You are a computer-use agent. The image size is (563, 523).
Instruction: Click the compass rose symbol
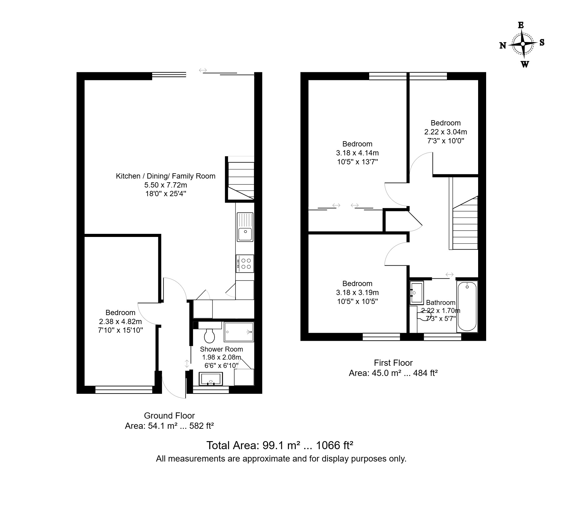pos(523,44)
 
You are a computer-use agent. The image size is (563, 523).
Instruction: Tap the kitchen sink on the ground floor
pos(245,227)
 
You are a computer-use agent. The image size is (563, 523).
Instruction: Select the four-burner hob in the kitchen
pos(245,264)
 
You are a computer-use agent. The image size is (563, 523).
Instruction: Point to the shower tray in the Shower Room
pos(239,332)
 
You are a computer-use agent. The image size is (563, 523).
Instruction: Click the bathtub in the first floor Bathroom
pos(467,306)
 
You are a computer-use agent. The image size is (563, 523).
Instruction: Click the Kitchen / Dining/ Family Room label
pos(165,176)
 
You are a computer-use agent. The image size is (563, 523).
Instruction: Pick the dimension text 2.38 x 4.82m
pos(120,322)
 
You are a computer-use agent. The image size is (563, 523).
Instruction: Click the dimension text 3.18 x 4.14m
pos(357,153)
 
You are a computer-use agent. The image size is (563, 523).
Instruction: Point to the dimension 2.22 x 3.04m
pos(446,132)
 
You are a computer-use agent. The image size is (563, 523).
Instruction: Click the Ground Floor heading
pos(169,416)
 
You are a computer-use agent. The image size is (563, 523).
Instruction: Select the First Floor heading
pos(393,363)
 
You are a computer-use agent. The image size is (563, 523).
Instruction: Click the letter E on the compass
pos(521,25)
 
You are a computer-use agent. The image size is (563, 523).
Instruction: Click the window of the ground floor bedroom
pos(124,390)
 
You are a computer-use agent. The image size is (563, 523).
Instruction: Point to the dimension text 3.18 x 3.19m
pos(357,293)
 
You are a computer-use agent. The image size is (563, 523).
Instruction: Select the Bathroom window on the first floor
pos(442,337)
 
